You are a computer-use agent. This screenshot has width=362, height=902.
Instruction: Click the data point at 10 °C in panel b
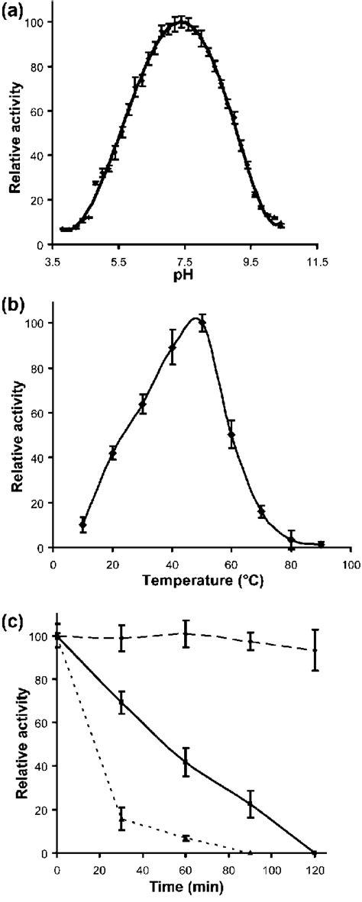pyautogui.click(x=82, y=525)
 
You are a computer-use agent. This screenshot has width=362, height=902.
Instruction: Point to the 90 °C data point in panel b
pyautogui.click(x=322, y=544)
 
